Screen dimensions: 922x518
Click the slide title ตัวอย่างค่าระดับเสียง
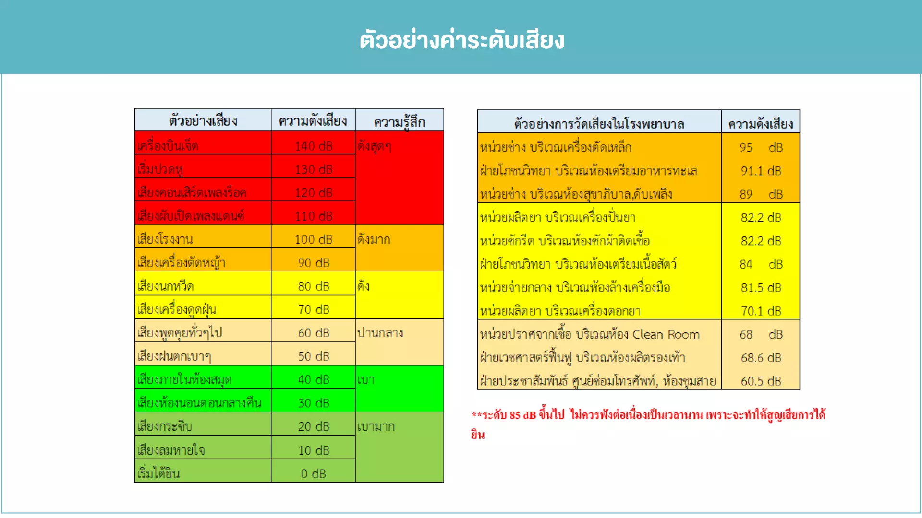[461, 40]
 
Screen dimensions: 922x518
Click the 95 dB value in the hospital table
[761, 147]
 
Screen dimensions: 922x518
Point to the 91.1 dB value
[761, 171]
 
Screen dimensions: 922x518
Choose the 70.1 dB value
[761, 311]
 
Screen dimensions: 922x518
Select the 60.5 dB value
[761, 381]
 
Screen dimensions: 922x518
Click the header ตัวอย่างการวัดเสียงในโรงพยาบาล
[599, 124]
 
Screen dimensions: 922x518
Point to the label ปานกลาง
[380, 333]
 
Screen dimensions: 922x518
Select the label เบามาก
[376, 426]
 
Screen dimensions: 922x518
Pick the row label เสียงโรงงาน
[165, 239]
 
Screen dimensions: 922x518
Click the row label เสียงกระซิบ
[165, 426]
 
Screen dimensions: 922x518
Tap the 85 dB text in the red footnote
[523, 415]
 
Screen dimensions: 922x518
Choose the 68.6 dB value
[761, 358]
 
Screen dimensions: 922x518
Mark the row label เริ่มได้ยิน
[158, 473]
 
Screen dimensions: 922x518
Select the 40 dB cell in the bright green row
[314, 379]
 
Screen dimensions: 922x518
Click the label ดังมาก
[374, 239]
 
